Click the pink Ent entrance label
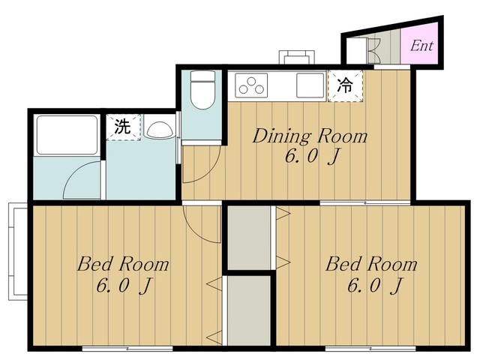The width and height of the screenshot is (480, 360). (421, 46)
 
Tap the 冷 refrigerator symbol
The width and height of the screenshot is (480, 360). (344, 85)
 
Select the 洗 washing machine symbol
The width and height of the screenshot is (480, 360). (123, 127)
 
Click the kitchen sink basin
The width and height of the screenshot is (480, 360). (310, 85)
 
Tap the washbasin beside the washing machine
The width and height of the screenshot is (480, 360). (159, 129)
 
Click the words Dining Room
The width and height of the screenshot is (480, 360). (310, 136)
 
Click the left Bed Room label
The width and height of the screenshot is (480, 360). (123, 265)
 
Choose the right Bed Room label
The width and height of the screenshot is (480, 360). (370, 265)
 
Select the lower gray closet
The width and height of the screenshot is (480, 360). (248, 311)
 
